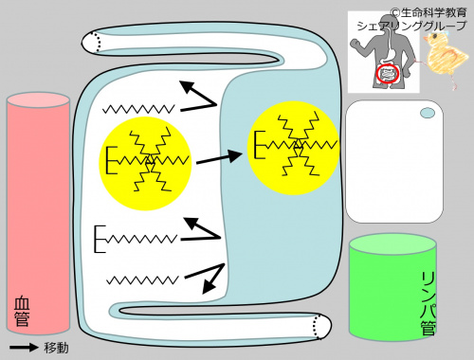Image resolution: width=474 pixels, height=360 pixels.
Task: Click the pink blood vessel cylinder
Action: (x=38, y=213)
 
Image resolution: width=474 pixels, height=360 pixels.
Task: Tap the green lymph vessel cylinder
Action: (x=392, y=287)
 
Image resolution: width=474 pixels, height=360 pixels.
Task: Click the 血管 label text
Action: (x=22, y=311)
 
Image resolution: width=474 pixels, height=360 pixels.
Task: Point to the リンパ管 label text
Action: (x=428, y=302)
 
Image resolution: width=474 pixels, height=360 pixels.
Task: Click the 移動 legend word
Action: (x=56, y=348)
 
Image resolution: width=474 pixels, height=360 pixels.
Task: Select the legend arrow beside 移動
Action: (x=24, y=348)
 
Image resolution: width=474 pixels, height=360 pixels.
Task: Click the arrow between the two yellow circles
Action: (x=219, y=157)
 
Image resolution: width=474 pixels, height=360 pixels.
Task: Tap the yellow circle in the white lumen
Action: (x=145, y=163)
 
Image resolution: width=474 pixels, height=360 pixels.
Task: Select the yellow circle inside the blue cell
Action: (x=293, y=148)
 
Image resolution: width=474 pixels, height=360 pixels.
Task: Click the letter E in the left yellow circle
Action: (x=111, y=160)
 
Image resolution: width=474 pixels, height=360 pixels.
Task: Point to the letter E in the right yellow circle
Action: (x=260, y=145)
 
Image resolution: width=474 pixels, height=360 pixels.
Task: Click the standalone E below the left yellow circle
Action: (x=100, y=239)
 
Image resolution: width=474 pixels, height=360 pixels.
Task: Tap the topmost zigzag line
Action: (x=138, y=109)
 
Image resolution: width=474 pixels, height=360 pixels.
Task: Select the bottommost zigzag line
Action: (x=142, y=279)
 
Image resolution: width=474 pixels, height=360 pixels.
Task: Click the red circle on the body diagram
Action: (x=388, y=74)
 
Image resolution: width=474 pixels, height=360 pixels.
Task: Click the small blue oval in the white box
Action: (x=428, y=113)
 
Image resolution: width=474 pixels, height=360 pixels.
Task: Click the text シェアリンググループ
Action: (x=411, y=26)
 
